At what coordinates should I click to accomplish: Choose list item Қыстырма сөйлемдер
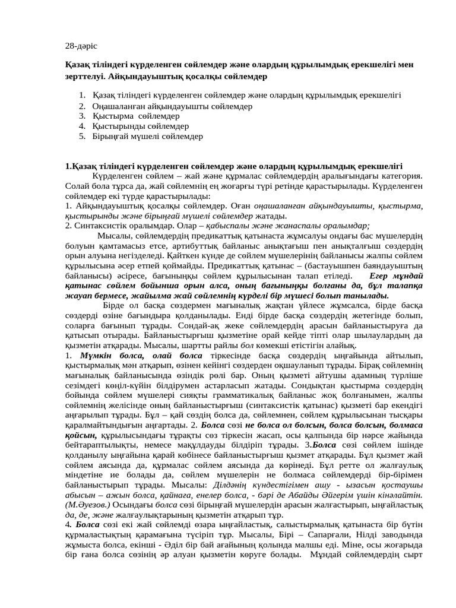pyautogui.click(x=132, y=116)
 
